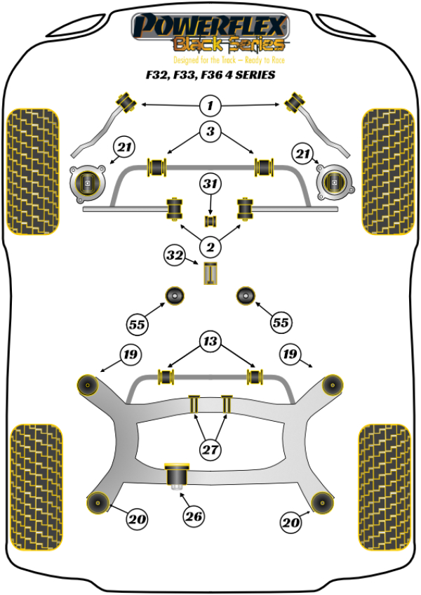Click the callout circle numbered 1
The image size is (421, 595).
[210, 106]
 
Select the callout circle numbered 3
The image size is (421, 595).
[210, 131]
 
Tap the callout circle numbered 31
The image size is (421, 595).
[210, 185]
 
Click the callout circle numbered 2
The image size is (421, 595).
[209, 246]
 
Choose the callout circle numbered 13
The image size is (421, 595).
[210, 342]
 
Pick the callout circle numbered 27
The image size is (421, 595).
[210, 450]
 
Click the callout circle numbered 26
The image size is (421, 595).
[194, 517]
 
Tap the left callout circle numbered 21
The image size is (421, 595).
[124, 148]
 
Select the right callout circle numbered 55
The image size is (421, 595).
[281, 323]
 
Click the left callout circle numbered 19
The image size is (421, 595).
[131, 354]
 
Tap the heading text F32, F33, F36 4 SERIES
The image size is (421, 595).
[210, 74]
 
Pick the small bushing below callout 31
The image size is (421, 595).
[210, 222]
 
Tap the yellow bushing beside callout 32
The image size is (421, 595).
[209, 274]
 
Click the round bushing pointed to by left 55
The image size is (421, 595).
[174, 296]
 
